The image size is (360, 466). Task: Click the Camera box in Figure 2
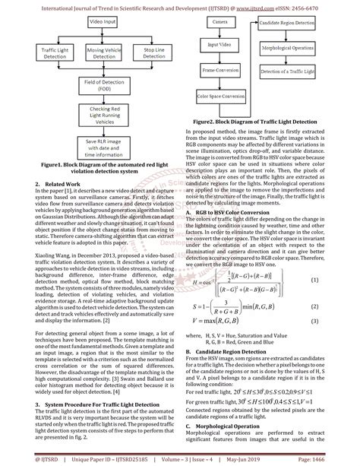(221, 24)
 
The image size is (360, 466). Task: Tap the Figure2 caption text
(261, 122)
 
